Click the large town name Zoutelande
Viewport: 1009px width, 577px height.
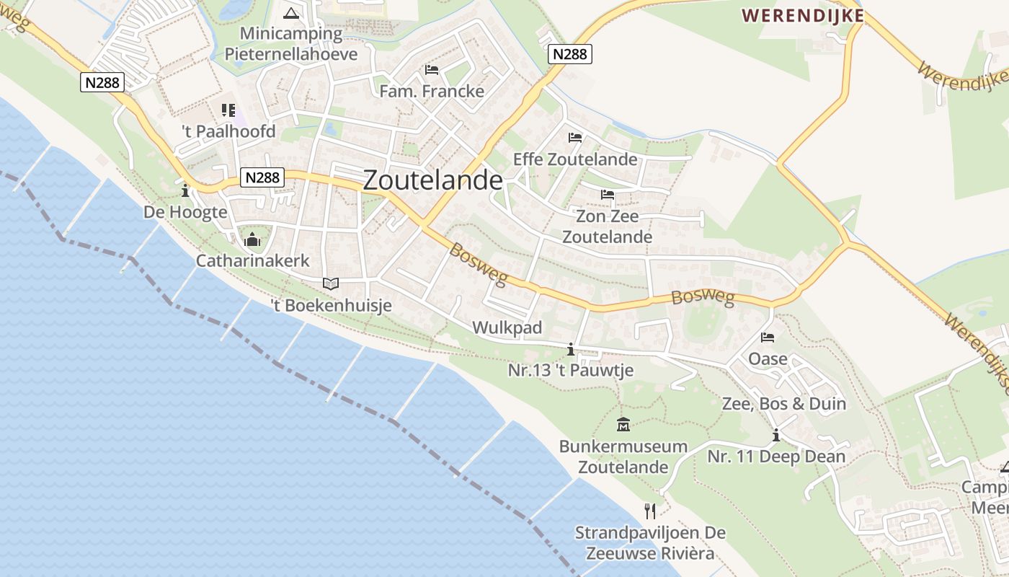[x=432, y=180]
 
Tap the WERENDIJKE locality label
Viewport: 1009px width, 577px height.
[x=802, y=15]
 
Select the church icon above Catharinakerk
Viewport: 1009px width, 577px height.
[x=252, y=239]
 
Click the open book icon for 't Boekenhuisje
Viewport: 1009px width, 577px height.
[x=331, y=284]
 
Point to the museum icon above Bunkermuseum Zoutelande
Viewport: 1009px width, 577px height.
[x=623, y=425]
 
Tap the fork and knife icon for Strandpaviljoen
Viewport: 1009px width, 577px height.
[x=650, y=511]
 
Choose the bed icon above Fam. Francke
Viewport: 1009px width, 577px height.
[x=432, y=70]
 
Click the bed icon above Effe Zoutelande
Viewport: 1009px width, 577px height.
[x=574, y=137]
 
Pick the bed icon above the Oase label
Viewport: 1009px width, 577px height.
[x=768, y=337]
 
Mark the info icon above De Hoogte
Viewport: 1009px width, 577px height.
[x=185, y=191]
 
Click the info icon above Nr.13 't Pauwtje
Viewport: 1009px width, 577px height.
[x=571, y=350]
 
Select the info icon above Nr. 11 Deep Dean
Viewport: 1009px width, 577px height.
[x=776, y=436]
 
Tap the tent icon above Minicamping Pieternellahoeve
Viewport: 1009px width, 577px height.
[x=290, y=13]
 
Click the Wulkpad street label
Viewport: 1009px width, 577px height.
[x=507, y=328]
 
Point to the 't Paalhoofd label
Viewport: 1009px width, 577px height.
[x=228, y=132]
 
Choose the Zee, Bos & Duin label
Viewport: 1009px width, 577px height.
[x=784, y=403]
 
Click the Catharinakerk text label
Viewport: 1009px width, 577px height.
[x=252, y=260]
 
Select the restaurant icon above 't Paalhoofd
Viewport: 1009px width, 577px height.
[x=228, y=110]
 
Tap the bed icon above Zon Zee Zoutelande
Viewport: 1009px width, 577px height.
[x=607, y=195]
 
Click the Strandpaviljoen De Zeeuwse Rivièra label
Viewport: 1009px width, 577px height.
[x=650, y=543]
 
